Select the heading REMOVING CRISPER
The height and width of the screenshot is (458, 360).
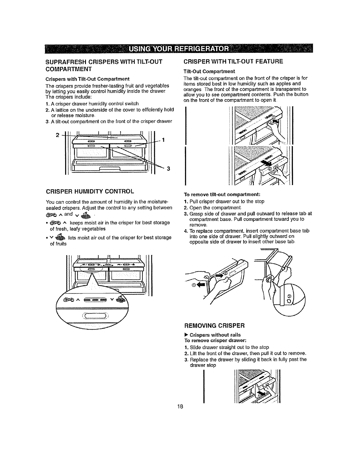(x=215, y=326)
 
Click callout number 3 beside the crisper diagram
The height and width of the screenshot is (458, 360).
(x=168, y=169)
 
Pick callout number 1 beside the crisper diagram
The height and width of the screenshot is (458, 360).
(x=164, y=140)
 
